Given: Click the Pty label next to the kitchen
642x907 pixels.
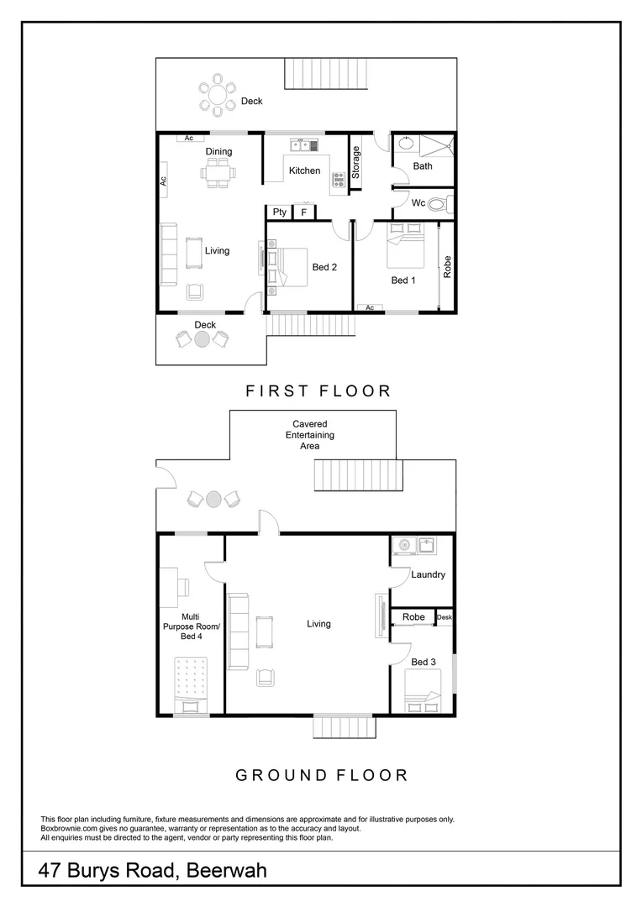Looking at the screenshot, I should click(x=279, y=212).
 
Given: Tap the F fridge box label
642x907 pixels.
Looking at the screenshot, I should click(x=303, y=212).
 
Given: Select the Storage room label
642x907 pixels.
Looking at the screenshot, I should click(x=356, y=162).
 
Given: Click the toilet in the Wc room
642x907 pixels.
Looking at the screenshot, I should click(x=439, y=203).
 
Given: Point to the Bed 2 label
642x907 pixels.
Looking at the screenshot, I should click(x=324, y=268).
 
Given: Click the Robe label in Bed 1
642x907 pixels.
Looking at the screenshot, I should click(x=447, y=267).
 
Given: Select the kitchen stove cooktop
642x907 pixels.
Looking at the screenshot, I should click(x=339, y=179).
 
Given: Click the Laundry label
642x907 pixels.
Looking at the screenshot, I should click(x=428, y=574).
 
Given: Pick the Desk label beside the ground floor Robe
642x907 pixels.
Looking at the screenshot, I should click(x=445, y=617).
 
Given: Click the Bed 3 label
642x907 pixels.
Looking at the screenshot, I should click(x=424, y=662).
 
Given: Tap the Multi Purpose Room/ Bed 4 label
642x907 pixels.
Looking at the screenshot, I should click(x=192, y=627).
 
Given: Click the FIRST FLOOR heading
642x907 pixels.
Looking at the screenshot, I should click(x=318, y=391).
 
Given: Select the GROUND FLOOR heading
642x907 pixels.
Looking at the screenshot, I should click(x=321, y=775).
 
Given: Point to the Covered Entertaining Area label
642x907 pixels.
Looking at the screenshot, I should click(x=309, y=435).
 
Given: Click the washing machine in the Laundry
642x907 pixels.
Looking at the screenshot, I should click(x=403, y=546).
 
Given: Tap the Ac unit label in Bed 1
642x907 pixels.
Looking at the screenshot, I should click(x=369, y=307).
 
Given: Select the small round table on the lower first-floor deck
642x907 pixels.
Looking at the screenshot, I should click(x=202, y=339).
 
